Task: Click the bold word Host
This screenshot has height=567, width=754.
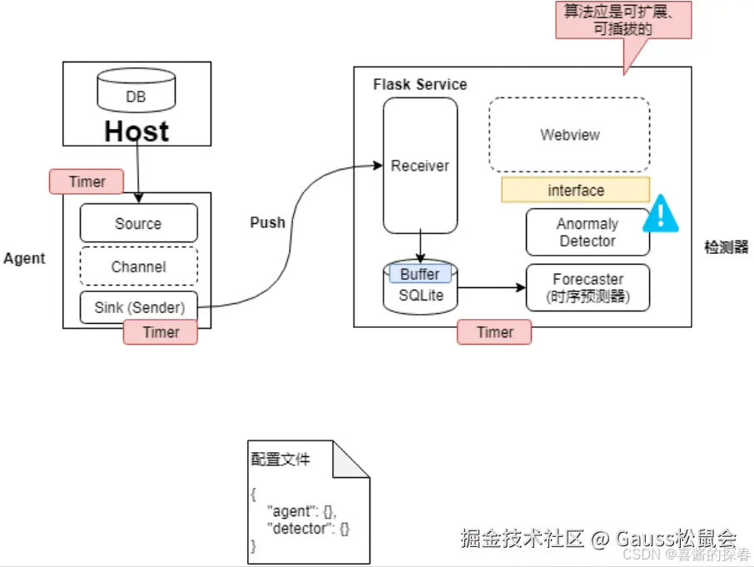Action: (x=136, y=132)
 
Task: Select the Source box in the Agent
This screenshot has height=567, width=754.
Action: (x=138, y=223)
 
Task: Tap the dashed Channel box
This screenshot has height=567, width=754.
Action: (x=138, y=266)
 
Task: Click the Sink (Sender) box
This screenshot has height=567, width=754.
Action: (x=138, y=307)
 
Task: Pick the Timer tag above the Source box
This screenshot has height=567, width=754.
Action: (x=87, y=182)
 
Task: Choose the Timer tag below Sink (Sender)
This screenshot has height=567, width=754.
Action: (x=161, y=332)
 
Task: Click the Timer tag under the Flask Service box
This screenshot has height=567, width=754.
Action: (x=494, y=332)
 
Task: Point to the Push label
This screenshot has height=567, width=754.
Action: (x=267, y=222)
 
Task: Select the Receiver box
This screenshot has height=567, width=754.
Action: (x=419, y=166)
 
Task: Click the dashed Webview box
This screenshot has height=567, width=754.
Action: (x=569, y=135)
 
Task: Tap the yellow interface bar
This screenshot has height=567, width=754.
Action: (x=575, y=190)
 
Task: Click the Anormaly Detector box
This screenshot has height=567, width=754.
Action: (x=587, y=232)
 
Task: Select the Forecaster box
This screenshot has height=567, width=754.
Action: (x=587, y=287)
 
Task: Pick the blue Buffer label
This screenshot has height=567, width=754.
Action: (x=419, y=274)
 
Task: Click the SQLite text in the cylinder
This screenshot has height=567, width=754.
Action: (x=419, y=295)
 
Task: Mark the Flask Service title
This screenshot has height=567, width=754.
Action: (x=419, y=84)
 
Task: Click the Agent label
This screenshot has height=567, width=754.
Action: (x=24, y=258)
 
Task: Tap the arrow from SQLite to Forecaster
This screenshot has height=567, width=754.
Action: (x=491, y=289)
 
